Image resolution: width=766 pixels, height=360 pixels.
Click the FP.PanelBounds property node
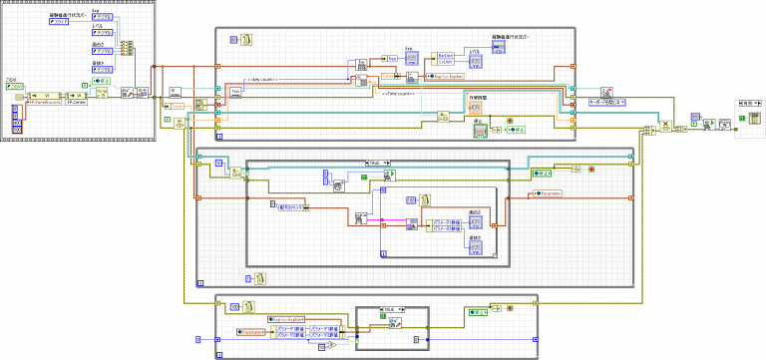point(45,102)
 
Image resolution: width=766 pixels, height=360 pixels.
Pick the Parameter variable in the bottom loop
point(252,330)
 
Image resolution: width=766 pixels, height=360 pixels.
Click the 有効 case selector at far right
point(748,102)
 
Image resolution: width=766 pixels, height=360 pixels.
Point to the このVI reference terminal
point(15,87)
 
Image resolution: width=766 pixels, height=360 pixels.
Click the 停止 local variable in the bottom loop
point(481,312)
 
